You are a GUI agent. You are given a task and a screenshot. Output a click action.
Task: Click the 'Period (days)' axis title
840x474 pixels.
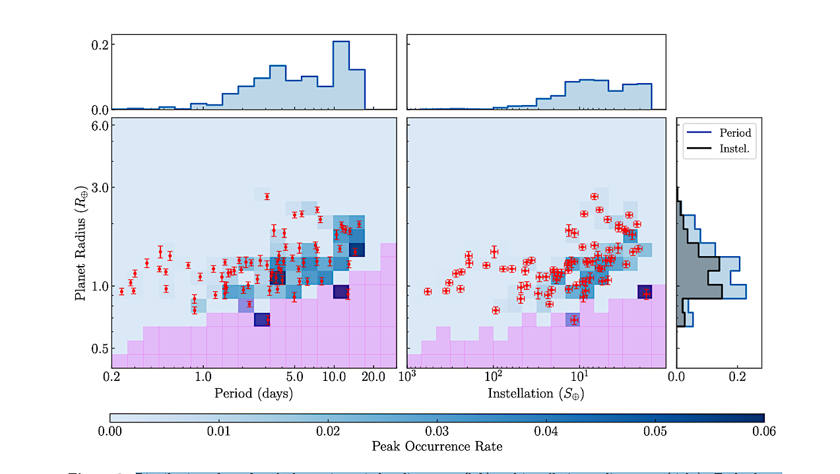tap(253, 393)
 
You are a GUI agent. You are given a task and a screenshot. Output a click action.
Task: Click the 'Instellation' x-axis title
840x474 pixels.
tap(536, 393)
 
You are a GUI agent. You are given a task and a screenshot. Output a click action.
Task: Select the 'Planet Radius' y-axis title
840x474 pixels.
tap(81, 243)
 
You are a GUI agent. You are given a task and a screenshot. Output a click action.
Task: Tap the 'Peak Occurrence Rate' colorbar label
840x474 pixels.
tap(436, 446)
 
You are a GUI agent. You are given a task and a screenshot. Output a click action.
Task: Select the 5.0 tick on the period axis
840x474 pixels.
tap(295, 378)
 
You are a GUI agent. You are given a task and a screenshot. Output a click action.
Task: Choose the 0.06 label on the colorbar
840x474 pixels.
tap(763, 431)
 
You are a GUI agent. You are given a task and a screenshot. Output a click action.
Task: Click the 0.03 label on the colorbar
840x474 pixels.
tap(436, 431)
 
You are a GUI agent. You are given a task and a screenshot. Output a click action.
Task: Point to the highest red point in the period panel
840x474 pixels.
tap(267, 196)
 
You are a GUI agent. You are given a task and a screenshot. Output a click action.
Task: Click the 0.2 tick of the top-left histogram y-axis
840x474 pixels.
tap(100, 44)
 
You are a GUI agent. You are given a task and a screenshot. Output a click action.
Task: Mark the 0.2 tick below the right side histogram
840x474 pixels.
tap(737, 378)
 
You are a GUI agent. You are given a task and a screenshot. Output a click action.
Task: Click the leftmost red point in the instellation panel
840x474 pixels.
tap(428, 291)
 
